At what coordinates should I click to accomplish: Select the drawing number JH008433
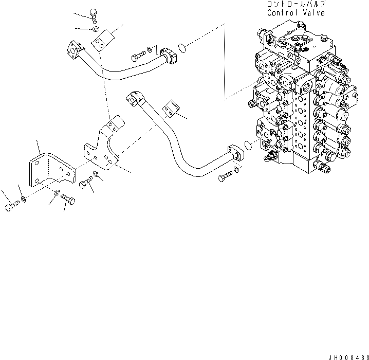[x=347, y=356]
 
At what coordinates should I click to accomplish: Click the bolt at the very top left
[x=94, y=14]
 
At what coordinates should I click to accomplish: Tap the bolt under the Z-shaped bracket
[x=86, y=181]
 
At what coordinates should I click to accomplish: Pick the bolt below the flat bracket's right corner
[x=67, y=199]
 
